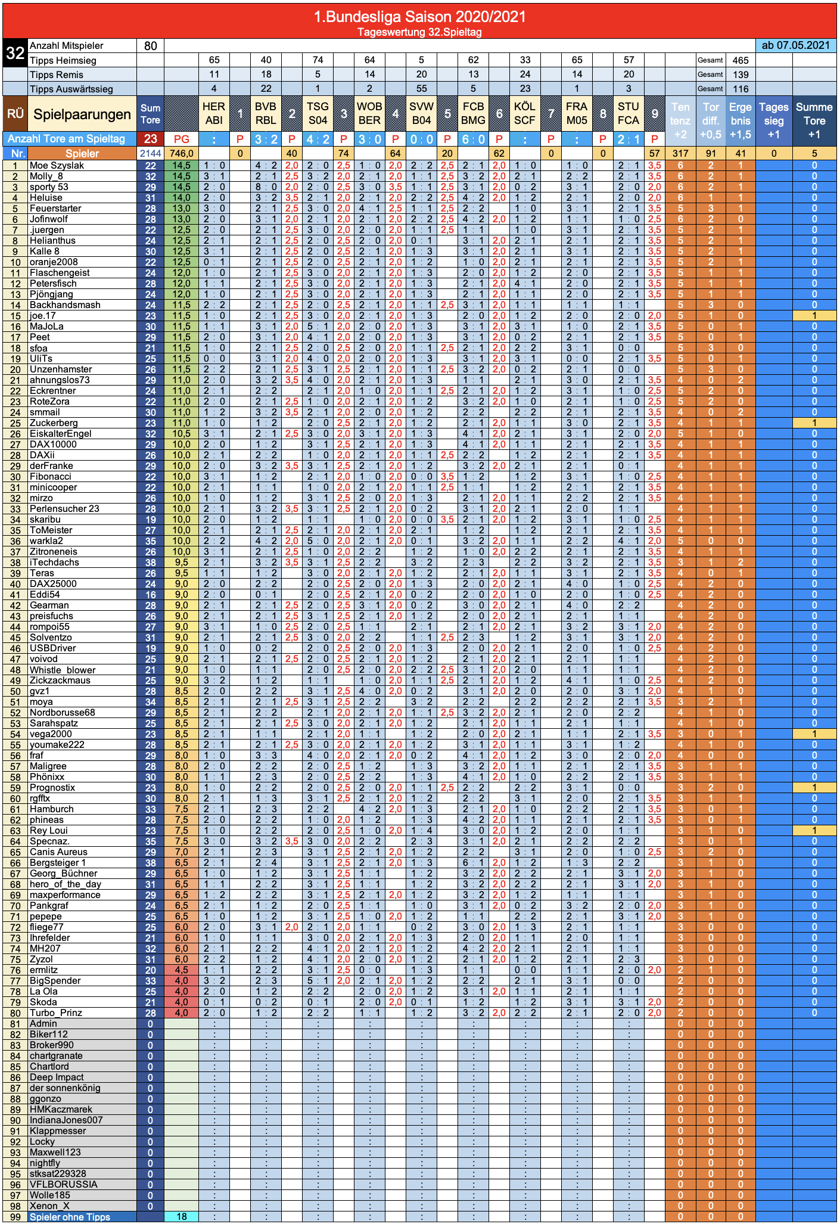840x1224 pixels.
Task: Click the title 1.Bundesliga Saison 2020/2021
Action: click(x=420, y=16)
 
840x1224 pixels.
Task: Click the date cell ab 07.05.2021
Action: click(x=795, y=45)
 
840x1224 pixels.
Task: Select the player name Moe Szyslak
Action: click(x=57, y=166)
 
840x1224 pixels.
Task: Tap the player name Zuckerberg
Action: click(x=54, y=423)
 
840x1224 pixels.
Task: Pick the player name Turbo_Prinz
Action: click(x=56, y=1013)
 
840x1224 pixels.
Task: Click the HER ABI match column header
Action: click(x=214, y=113)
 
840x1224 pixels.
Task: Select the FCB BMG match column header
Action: click(x=473, y=113)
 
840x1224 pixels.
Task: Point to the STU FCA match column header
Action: click(x=629, y=113)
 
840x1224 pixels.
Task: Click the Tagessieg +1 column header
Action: click(x=774, y=121)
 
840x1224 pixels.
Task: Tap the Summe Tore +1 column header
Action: click(x=814, y=121)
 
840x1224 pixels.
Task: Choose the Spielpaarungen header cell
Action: click(x=82, y=114)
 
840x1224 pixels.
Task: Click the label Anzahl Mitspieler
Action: click(x=66, y=46)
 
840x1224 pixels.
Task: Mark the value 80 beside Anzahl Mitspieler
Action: click(x=151, y=46)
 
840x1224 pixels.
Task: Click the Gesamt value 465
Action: click(x=741, y=60)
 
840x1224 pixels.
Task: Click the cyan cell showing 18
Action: click(x=182, y=1217)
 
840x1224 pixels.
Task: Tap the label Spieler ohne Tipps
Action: click(x=70, y=1217)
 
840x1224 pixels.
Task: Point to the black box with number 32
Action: click(x=15, y=52)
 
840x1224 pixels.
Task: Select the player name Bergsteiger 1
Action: click(x=58, y=863)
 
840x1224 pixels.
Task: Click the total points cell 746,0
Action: click(x=182, y=153)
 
